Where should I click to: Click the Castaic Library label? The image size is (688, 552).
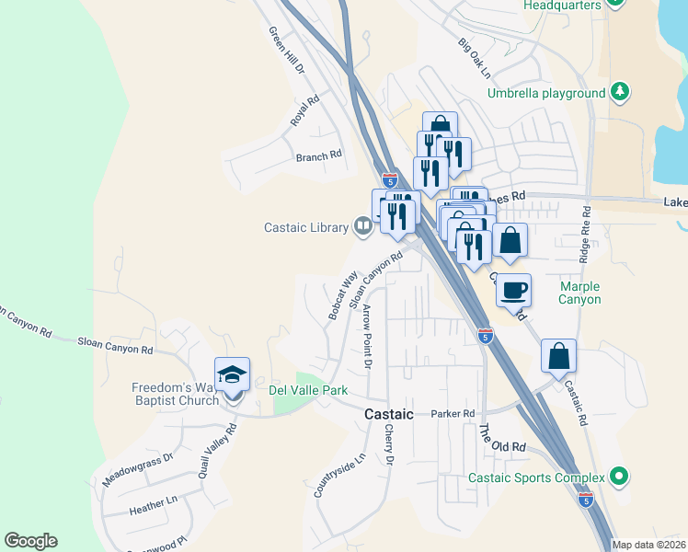[x=306, y=227]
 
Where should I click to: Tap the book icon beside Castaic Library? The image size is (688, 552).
[x=363, y=227]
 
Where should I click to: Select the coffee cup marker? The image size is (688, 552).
[x=513, y=289]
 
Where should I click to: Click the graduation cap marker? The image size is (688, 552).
[x=232, y=374]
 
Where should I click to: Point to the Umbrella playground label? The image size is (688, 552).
[x=546, y=93]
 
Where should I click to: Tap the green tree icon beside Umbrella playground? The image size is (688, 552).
[x=621, y=92]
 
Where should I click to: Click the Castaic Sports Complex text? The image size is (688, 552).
[x=536, y=477]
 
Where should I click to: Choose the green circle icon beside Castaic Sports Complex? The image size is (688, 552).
[x=620, y=477]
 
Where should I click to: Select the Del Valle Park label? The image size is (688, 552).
[x=308, y=390]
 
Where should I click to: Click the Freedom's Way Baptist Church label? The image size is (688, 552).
[x=175, y=394]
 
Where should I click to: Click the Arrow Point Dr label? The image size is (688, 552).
[x=366, y=337]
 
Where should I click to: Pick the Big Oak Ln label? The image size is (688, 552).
[x=475, y=58]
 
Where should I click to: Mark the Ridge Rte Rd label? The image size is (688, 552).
[x=584, y=236]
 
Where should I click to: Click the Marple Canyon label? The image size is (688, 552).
[x=580, y=293]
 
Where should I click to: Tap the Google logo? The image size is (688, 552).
[x=30, y=541]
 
